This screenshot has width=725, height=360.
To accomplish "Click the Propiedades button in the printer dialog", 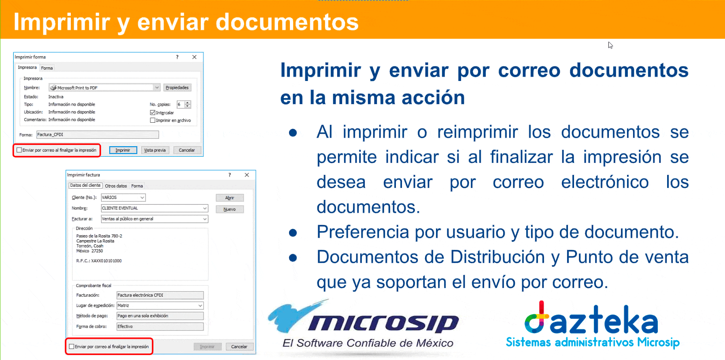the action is click(x=177, y=87).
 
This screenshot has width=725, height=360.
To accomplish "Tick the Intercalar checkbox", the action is click(x=153, y=113).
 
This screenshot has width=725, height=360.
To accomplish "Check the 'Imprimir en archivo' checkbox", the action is click(x=153, y=120).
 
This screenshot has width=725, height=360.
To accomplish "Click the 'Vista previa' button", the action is click(x=155, y=150).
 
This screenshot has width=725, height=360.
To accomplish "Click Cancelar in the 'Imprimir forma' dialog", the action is click(x=187, y=150).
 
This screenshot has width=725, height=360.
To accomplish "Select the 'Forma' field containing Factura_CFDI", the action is click(x=98, y=134).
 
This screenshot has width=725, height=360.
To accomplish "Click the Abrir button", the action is click(x=230, y=198).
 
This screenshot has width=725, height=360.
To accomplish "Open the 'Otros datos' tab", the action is click(x=116, y=186).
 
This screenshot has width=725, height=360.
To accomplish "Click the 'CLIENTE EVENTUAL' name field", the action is click(x=154, y=208).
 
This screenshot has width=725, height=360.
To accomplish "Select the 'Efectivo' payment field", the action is click(x=160, y=326).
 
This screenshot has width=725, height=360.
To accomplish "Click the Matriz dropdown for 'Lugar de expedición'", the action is click(x=160, y=305).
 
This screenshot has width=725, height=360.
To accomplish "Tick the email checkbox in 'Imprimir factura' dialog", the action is click(x=72, y=347).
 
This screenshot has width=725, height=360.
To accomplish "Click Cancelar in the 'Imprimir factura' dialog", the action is click(x=239, y=347).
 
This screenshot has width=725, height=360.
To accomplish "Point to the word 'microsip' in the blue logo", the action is click(x=384, y=323).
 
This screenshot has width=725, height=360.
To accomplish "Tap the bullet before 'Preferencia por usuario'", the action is click(x=293, y=233).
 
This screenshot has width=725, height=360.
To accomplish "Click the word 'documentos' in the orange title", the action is click(x=287, y=22).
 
